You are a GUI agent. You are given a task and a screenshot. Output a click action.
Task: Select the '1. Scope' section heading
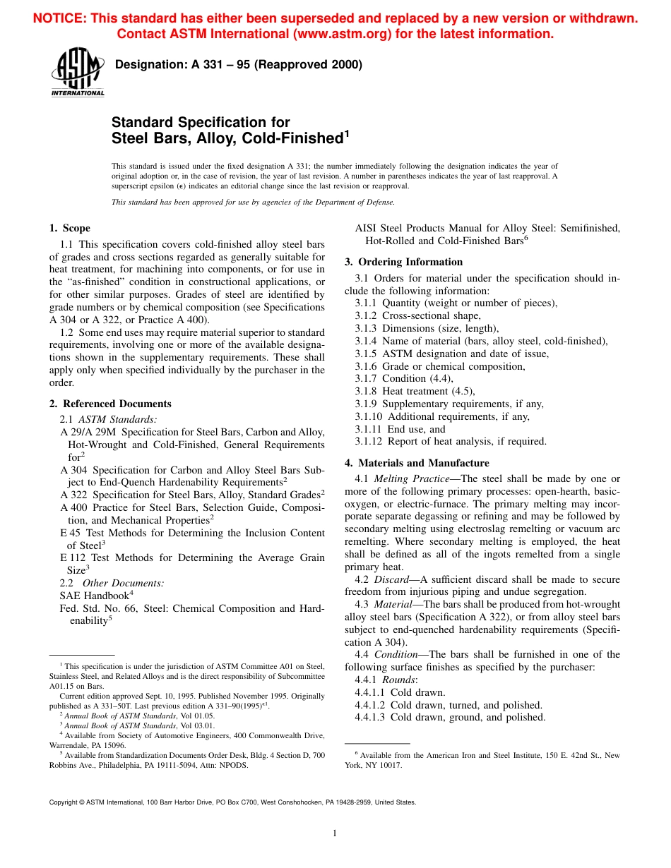click(69, 228)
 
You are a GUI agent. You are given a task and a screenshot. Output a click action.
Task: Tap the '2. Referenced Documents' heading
click(110, 404)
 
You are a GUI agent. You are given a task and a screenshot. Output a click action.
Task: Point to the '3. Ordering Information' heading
click(403, 262)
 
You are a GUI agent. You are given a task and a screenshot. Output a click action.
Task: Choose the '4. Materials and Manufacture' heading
click(417, 463)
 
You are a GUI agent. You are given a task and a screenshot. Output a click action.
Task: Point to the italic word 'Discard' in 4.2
click(391, 579)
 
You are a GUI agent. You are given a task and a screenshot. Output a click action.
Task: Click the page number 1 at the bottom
click(335, 833)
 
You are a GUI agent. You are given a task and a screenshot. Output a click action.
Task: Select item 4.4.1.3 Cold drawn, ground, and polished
click(450, 718)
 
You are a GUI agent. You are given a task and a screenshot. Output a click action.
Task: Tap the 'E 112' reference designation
click(73, 557)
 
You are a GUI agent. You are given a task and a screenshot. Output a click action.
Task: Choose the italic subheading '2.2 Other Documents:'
click(112, 583)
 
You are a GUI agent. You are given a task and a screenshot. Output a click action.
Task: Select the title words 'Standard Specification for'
click(201, 123)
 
